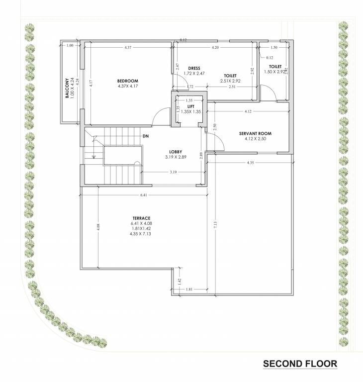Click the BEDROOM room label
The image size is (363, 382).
click(128, 81)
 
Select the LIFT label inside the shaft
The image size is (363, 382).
click(190, 106)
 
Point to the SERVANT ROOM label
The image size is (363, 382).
click(255, 134)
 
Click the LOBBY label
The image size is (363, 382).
click(175, 152)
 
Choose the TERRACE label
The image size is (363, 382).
click(142, 218)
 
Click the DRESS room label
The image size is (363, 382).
click(194, 68)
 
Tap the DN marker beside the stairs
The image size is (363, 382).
click(145, 136)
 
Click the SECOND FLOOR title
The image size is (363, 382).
click(300, 364)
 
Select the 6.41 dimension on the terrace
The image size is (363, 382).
click(144, 195)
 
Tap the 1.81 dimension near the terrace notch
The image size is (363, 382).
click(188, 289)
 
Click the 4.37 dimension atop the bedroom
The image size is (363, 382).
click(128, 47)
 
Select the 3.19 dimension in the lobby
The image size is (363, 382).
click(173, 172)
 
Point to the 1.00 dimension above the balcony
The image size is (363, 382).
click(70, 45)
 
